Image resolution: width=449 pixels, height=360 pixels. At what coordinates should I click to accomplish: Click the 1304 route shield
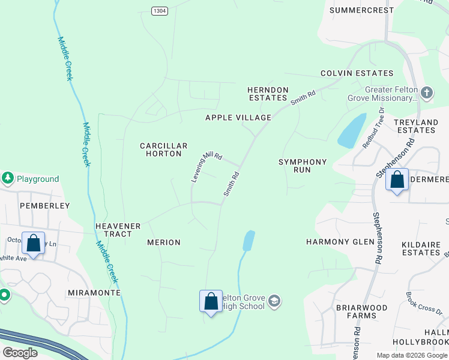coord(159,11)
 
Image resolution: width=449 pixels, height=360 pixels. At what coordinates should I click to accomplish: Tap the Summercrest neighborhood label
coord(362,10)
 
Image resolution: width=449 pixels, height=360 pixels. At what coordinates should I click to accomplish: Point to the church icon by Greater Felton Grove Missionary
coord(426,92)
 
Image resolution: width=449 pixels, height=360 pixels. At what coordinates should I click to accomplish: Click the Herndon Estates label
coord(268,94)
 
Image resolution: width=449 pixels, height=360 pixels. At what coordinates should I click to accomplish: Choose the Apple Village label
coord(238,118)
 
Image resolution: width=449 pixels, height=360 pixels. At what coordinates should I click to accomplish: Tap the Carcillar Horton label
coord(164,149)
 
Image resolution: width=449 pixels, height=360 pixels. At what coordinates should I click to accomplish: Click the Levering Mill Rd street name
coord(206,166)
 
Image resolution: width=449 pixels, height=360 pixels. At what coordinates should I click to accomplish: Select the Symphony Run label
coord(303,166)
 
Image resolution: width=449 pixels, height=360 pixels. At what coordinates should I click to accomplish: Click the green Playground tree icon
coord(8,178)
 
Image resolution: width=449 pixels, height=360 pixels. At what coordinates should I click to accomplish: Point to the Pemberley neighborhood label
coord(37,205)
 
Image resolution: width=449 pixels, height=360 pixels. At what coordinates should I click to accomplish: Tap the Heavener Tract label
coord(118,230)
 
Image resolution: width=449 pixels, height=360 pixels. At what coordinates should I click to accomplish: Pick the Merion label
coord(164,242)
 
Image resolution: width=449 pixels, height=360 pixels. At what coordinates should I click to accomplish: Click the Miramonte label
coord(94,292)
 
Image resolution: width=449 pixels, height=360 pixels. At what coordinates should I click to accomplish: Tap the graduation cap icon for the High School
coord(274,301)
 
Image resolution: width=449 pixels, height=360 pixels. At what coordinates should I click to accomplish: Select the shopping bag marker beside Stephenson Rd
coord(397,179)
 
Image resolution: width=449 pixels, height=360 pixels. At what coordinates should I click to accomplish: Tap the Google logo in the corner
coord(20,353)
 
